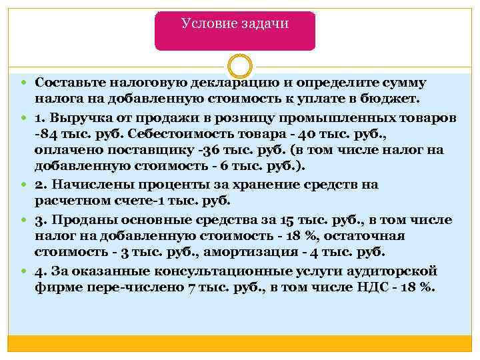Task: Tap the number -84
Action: [46, 134]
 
